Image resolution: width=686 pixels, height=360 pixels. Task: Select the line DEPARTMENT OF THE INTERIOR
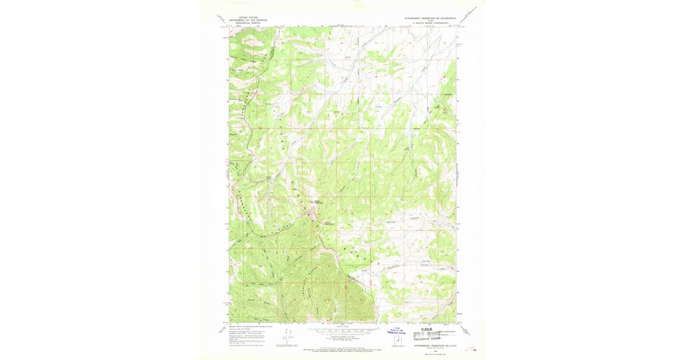(x=248, y=20)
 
